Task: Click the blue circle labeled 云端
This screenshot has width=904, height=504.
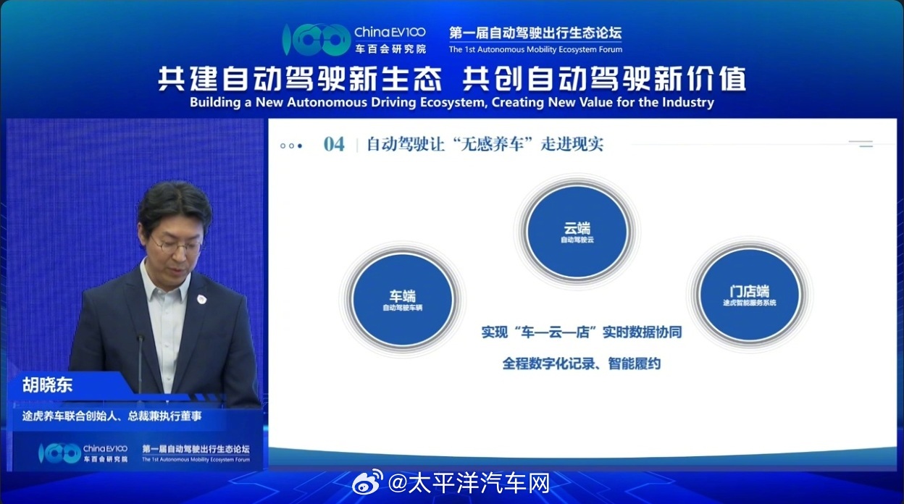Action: tap(577, 230)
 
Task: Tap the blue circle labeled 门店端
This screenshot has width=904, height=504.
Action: tap(748, 295)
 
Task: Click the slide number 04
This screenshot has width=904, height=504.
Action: tap(334, 144)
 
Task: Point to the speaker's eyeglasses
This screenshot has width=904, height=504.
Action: tap(175, 245)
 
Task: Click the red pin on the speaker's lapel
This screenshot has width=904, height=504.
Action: tap(201, 298)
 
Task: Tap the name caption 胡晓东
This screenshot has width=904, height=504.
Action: tap(47, 385)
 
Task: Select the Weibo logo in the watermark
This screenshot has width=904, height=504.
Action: tap(367, 482)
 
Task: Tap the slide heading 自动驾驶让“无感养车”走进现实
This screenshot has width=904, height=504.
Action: tap(485, 144)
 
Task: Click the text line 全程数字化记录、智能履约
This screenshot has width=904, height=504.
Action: tap(581, 364)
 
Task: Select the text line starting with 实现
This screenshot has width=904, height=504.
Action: tap(581, 332)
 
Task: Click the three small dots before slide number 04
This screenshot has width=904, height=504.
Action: tap(291, 146)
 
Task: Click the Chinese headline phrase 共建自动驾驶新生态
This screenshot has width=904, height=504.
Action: tap(300, 79)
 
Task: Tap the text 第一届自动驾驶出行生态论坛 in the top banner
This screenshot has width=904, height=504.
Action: tap(535, 33)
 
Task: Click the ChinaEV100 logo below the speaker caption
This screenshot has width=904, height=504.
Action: tap(83, 454)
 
